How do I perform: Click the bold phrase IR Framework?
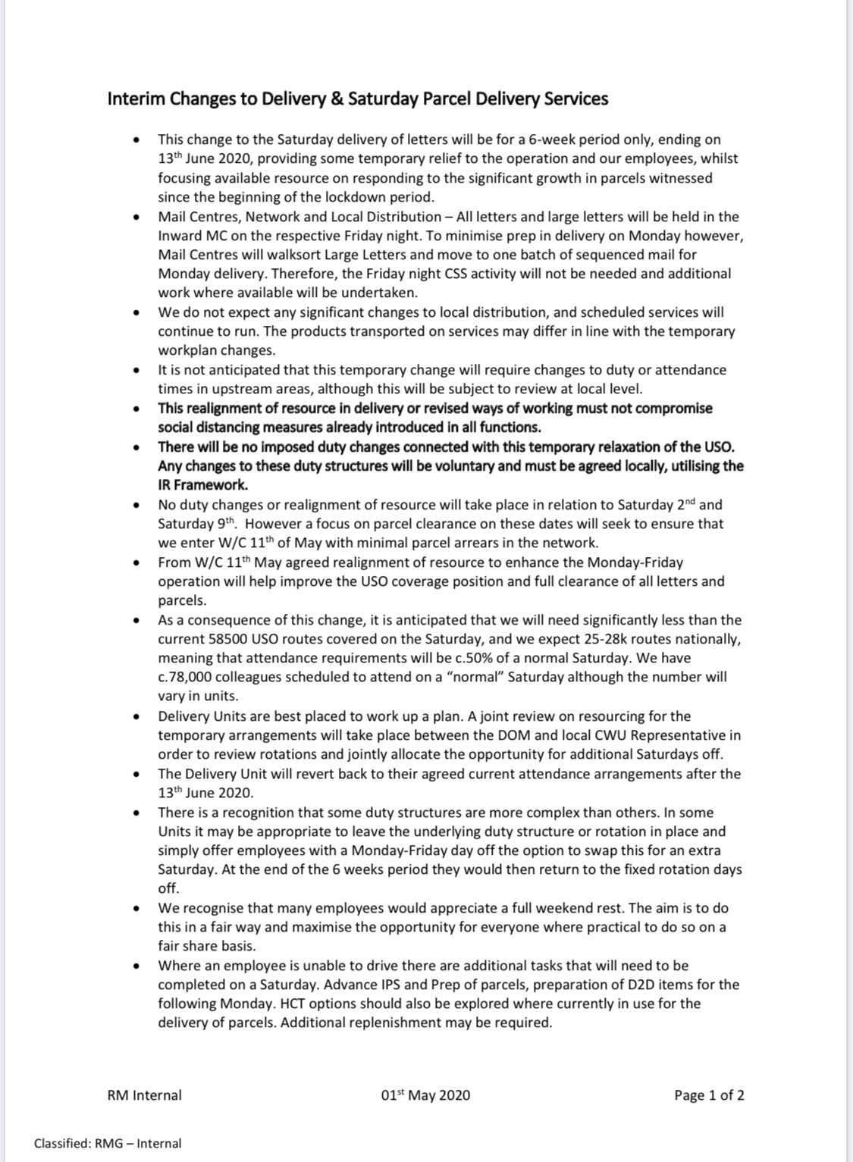pos(202,485)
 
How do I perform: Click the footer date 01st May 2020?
pos(425,1095)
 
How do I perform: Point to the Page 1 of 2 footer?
pos(708,1095)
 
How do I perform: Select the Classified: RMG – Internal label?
pos(107,1143)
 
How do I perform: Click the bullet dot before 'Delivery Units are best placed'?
pos(136,716)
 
